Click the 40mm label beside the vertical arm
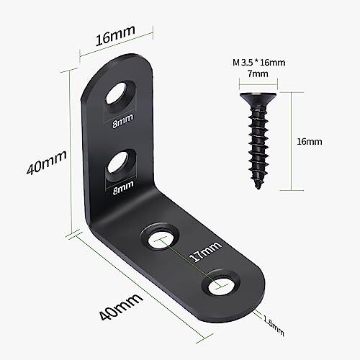pyautogui.click(x=46, y=163)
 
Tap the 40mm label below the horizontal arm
pyautogui.click(x=121, y=307)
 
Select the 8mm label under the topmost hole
pyautogui.click(x=122, y=120)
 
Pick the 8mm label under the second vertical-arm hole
pyautogui.click(x=123, y=187)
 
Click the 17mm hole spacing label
pyautogui.click(x=205, y=252)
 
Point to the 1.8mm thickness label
pyautogui.click(x=274, y=325)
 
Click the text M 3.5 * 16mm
pyautogui.click(x=258, y=63)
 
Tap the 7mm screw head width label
pyautogui.click(x=258, y=73)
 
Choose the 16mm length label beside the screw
pyautogui.click(x=310, y=142)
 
